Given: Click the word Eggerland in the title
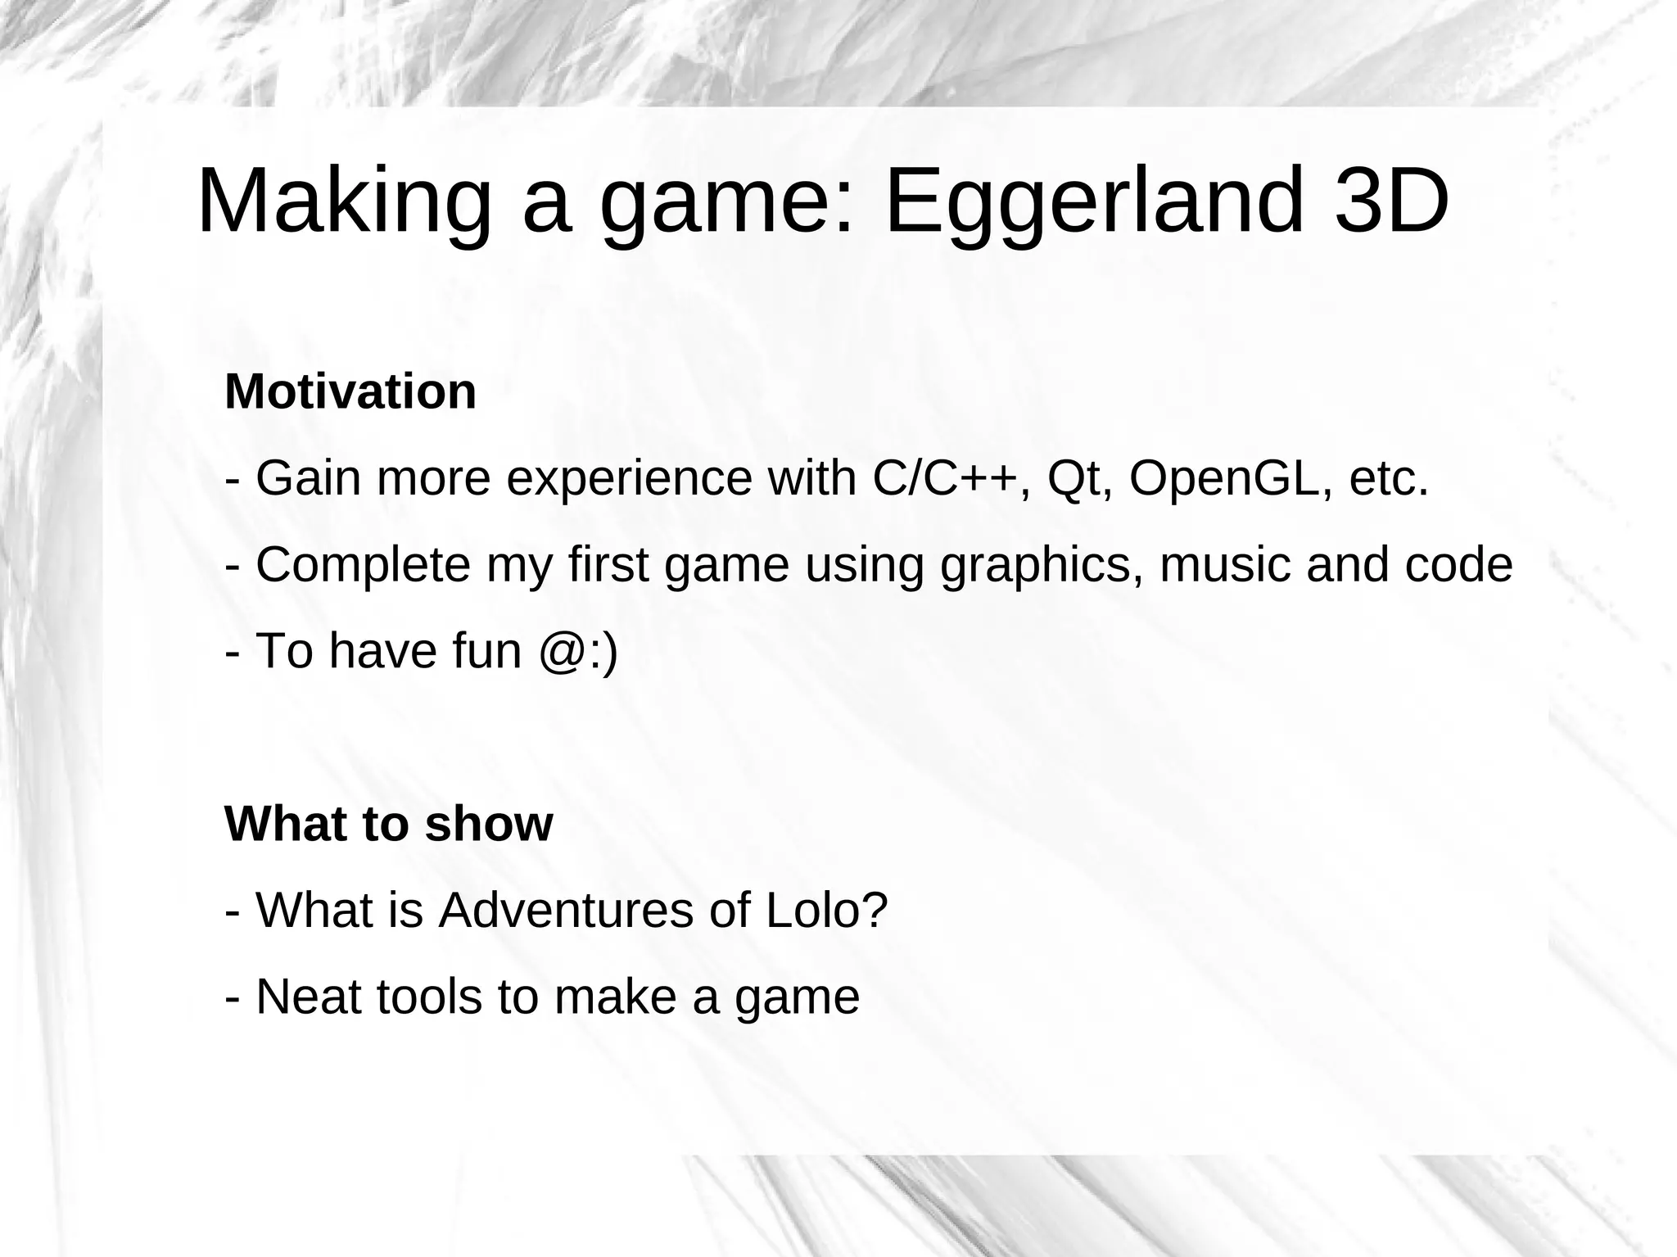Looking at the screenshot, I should click(1091, 201).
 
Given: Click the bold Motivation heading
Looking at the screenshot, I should click(350, 391).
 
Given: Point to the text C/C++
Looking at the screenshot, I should click(946, 478).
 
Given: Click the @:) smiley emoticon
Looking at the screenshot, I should click(578, 652).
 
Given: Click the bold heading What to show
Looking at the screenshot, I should click(389, 824).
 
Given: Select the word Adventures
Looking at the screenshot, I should click(566, 911).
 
